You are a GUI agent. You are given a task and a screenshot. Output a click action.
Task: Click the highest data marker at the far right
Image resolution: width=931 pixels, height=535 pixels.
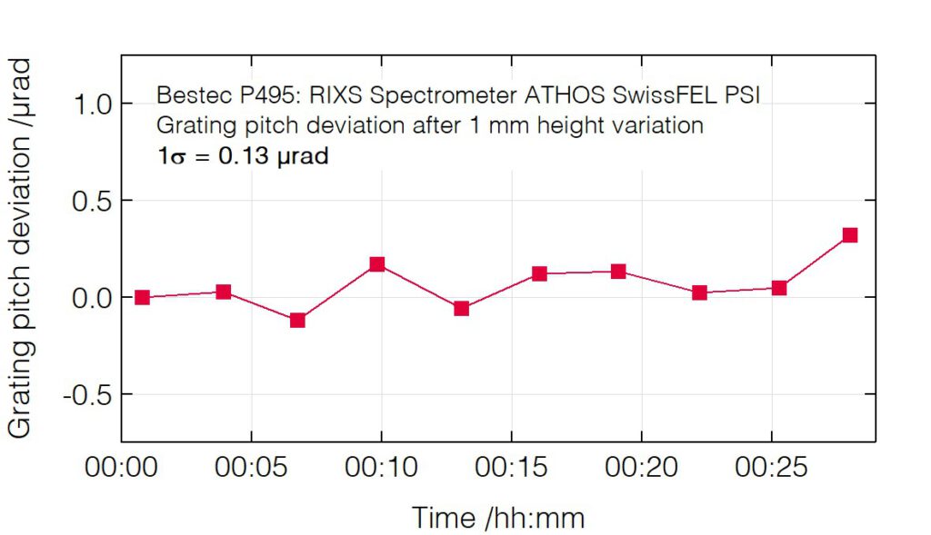[850, 235]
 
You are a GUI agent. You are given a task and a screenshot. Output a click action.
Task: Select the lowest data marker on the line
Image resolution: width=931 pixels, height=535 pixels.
[297, 320]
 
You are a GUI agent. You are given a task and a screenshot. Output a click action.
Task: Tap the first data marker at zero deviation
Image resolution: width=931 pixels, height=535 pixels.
[142, 297]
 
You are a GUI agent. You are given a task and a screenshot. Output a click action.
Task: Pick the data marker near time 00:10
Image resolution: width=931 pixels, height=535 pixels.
[377, 264]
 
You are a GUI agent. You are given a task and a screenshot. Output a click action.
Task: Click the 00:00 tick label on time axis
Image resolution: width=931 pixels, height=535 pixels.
[121, 468]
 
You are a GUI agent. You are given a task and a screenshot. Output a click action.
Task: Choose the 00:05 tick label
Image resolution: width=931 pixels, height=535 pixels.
[251, 468]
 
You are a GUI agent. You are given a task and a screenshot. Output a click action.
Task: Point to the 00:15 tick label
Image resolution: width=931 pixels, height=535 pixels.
[511, 468]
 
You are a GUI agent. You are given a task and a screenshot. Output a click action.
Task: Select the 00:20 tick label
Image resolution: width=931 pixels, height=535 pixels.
[641, 468]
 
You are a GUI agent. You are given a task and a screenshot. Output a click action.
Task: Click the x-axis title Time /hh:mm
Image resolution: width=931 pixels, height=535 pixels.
[498, 518]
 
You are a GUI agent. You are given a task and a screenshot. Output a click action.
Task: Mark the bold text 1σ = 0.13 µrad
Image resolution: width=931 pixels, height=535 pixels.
[243, 156]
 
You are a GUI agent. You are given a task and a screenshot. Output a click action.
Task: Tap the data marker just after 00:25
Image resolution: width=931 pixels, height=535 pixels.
[779, 288]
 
